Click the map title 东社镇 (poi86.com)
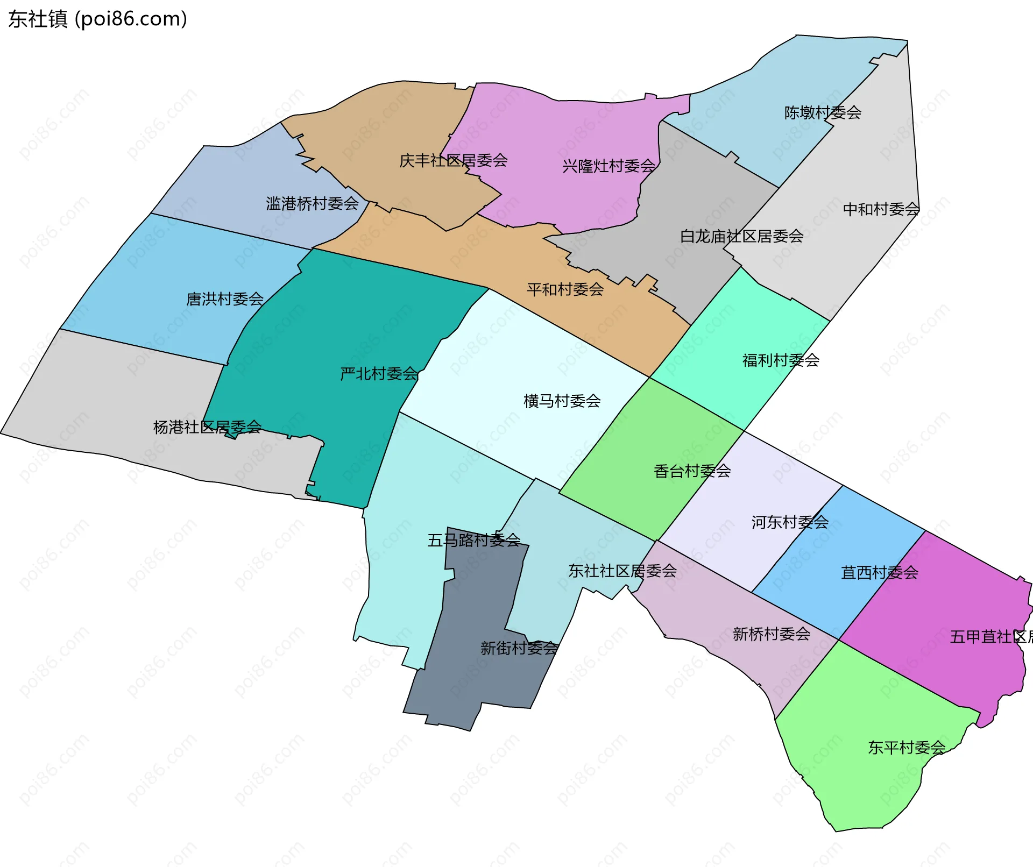(x=97, y=19)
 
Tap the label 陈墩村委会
(x=823, y=113)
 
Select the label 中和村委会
(x=881, y=209)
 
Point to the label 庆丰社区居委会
(x=453, y=161)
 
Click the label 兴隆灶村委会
(x=609, y=166)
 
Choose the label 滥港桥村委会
(x=312, y=204)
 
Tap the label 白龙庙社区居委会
(x=741, y=237)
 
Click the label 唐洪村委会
(x=225, y=299)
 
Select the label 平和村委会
(x=565, y=290)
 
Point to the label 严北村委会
(x=379, y=374)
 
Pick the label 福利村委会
(x=781, y=360)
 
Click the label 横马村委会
(x=562, y=401)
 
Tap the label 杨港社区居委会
(x=207, y=428)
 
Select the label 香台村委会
(x=692, y=472)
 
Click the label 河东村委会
(x=790, y=522)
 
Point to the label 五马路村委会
(x=473, y=540)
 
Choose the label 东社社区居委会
(x=622, y=571)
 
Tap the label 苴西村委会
(x=879, y=573)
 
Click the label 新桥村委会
(x=772, y=634)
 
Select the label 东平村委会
(x=907, y=748)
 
